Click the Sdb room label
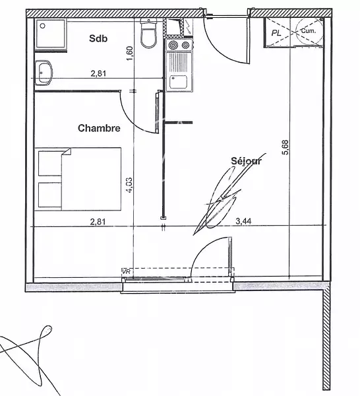[x=98, y=38]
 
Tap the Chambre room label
[x=99, y=128]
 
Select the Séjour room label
[x=246, y=161]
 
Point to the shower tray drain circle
[x=43, y=26]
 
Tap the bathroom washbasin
[x=44, y=73]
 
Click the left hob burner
[x=173, y=46]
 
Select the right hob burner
[x=185, y=46]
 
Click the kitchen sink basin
[x=179, y=82]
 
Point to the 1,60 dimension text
[x=129, y=53]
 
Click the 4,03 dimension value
[x=129, y=185]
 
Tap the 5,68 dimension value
[x=286, y=147]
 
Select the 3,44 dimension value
[x=243, y=221]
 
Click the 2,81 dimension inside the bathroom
[x=98, y=74]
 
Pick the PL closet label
[x=276, y=33]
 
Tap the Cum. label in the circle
[x=309, y=31]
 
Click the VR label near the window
[x=126, y=272]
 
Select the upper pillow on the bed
[x=50, y=163]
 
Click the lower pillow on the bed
[x=50, y=195]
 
